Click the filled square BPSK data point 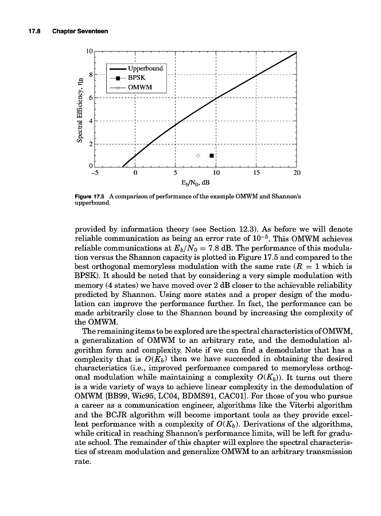(212, 155)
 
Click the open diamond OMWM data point (198, 155)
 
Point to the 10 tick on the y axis (90, 52)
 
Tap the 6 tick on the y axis (91, 98)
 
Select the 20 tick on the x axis (296, 171)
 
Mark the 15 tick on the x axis (256, 171)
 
